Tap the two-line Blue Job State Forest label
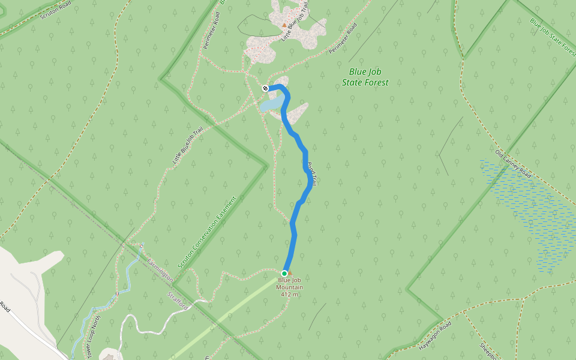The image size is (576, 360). coord(365,77)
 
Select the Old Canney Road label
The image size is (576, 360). coord(513,164)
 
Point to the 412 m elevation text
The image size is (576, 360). coord(290,294)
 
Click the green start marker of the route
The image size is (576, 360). coord(284,273)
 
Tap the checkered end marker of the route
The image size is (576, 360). coord(265,89)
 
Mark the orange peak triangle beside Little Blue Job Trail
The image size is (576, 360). coord(284,25)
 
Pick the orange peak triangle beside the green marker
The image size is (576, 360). coord(290,272)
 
